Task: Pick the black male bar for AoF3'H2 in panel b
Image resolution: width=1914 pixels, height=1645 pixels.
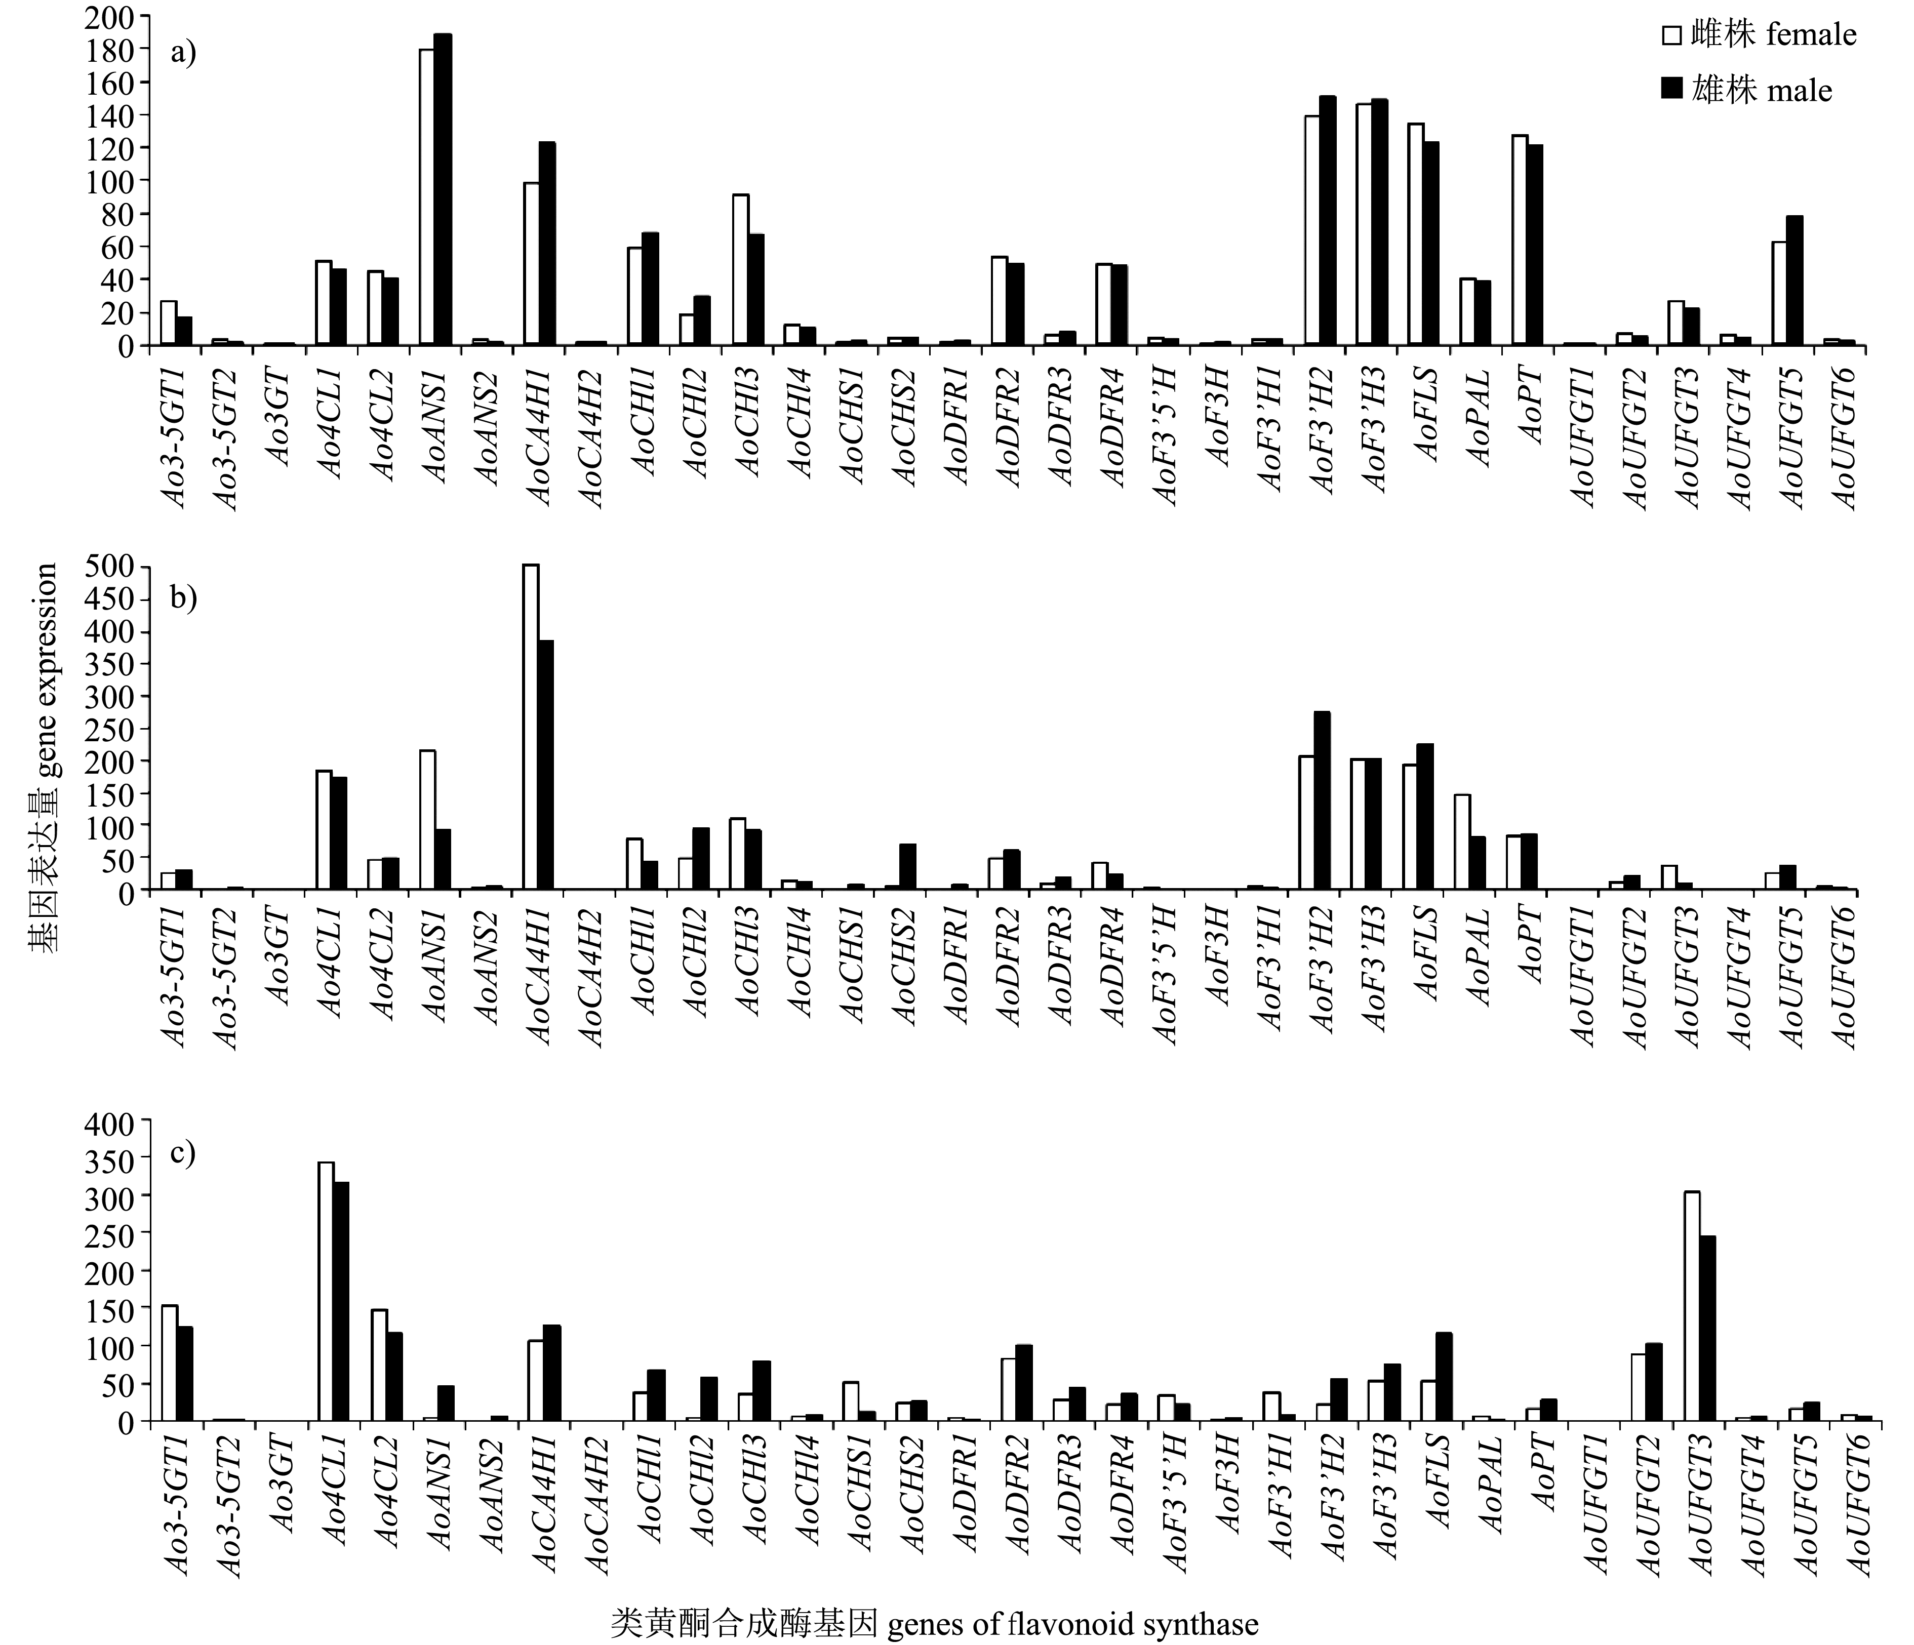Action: pos(1322,801)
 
